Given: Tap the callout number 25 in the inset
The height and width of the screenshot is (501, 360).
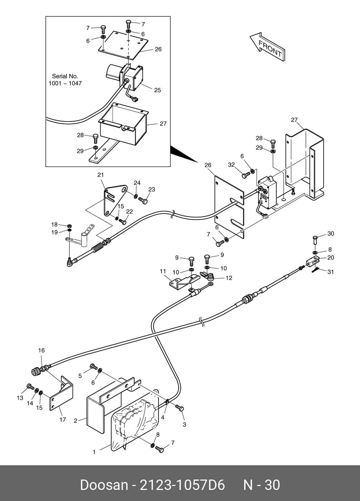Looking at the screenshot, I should (157, 90).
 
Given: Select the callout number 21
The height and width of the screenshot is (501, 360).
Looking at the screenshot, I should (101, 175).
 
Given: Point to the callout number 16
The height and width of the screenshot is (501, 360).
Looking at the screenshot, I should (42, 350).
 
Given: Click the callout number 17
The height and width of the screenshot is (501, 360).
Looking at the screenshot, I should (63, 419).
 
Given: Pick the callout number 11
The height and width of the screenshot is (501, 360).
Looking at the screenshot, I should (163, 272).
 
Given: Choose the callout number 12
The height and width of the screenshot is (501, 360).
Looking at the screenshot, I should (229, 277).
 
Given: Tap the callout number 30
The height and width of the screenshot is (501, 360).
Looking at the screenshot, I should (331, 234).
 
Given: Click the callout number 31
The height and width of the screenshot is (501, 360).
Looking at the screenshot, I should (331, 272).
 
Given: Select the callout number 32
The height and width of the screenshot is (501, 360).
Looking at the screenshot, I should (232, 165).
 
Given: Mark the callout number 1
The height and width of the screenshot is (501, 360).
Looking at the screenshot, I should (94, 452).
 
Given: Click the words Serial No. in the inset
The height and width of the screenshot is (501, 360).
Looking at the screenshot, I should (65, 76).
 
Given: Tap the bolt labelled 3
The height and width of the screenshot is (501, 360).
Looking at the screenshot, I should (180, 408).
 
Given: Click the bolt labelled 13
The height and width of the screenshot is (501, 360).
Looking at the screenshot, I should (30, 387).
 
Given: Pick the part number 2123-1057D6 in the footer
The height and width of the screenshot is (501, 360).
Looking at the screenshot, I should (182, 485).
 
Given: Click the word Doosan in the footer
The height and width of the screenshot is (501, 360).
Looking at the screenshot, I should (104, 485).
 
